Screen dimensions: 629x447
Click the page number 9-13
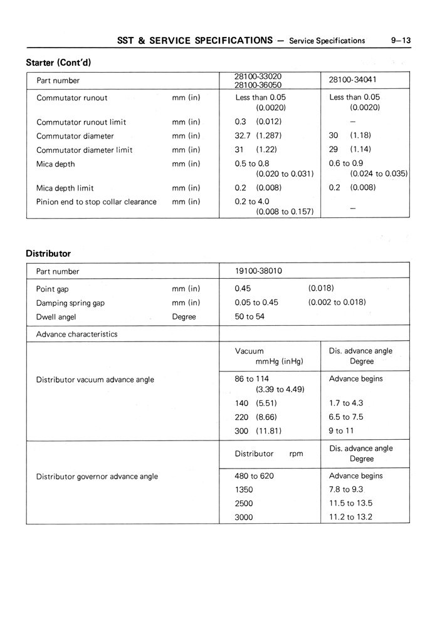coord(399,41)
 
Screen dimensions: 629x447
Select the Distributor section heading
coord(48,254)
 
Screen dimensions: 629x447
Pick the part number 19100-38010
coord(258,271)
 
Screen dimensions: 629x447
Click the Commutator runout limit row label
coord(82,122)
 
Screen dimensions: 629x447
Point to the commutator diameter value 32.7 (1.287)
coord(258,136)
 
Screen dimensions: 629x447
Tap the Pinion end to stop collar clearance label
coord(97,202)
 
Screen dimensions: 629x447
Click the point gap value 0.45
coord(243,289)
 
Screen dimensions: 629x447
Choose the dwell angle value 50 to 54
coord(250,317)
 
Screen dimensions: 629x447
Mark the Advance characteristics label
coord(77,334)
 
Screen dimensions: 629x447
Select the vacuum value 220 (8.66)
coord(256,417)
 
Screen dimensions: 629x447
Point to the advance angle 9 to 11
coord(342,431)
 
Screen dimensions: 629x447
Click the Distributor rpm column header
coord(269,454)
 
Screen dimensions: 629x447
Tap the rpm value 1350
coord(244,490)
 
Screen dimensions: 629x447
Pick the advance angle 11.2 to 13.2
coord(350,517)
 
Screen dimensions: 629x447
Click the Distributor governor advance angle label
coord(97,476)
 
